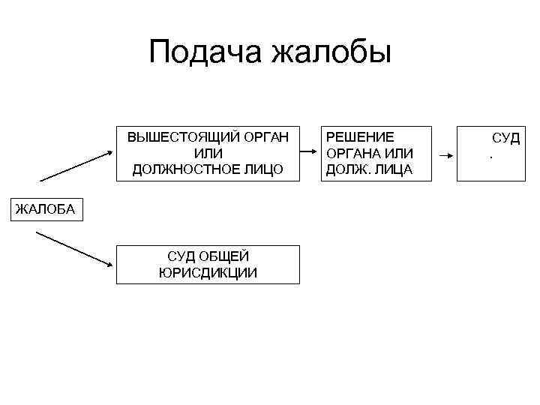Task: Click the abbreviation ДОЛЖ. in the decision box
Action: (x=345, y=169)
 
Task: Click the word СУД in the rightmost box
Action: (x=505, y=139)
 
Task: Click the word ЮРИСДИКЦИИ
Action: (x=208, y=272)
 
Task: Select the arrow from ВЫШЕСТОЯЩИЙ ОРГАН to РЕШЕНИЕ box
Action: (x=310, y=153)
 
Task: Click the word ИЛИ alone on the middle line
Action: (x=208, y=154)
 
